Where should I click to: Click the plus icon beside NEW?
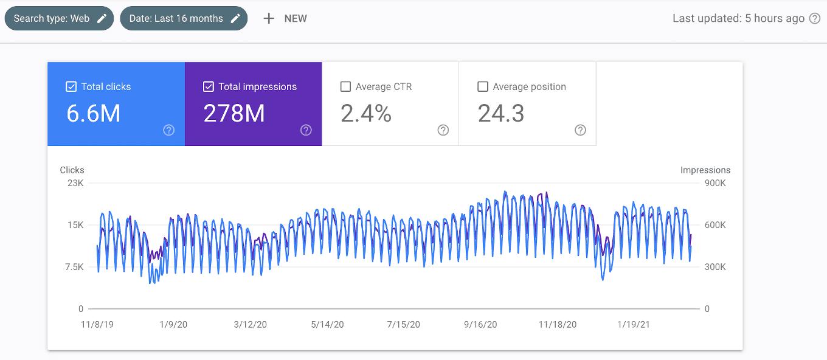tap(269, 18)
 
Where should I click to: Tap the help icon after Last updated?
tap(815, 18)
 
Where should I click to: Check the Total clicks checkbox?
tap(71, 87)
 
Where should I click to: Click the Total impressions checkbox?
tap(208, 87)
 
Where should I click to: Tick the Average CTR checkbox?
tap(345, 87)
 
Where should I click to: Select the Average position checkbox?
tap(483, 87)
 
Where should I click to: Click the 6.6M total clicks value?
tap(93, 114)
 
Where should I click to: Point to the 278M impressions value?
tap(234, 114)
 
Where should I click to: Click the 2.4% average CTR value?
tap(366, 114)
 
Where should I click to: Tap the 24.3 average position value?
tap(500, 114)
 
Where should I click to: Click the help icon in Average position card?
tap(580, 130)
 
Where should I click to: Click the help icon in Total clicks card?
tap(169, 130)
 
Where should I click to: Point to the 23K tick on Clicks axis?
tap(75, 183)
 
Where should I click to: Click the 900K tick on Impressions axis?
tap(715, 183)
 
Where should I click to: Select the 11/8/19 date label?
tap(97, 325)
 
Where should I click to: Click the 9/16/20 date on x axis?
tap(480, 325)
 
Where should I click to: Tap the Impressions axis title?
tap(705, 170)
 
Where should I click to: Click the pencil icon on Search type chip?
tap(102, 18)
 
